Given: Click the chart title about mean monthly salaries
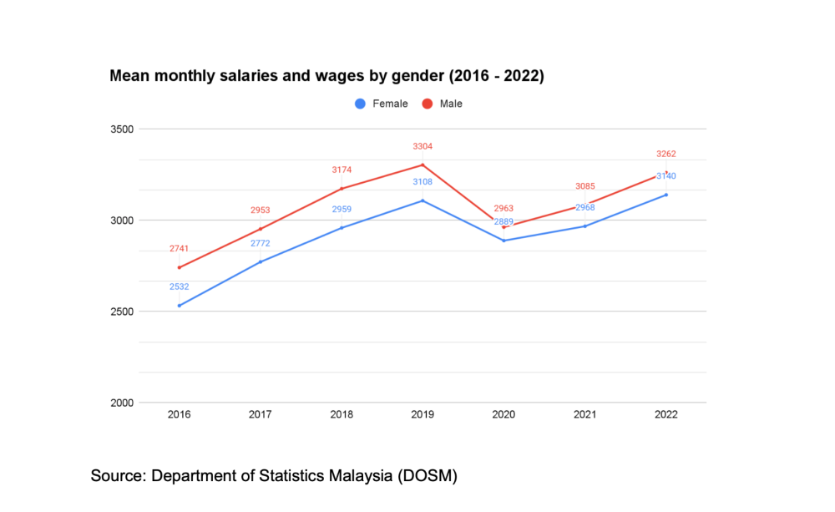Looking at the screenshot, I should [x=326, y=76].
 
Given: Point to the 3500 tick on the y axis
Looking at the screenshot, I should [x=123, y=129].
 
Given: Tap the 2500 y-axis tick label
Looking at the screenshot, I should [x=123, y=312].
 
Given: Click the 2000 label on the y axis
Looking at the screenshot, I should [x=123, y=403].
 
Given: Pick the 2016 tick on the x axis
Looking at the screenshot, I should [x=179, y=415].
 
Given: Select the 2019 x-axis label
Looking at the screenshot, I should [x=423, y=415].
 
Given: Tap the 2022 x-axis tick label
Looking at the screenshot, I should [x=666, y=415].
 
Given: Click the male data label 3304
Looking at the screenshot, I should [x=423, y=147].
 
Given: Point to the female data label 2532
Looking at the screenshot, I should [x=179, y=286].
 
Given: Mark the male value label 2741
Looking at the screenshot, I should [x=179, y=249].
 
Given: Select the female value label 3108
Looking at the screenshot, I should [x=423, y=181].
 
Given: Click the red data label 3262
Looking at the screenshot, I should [x=666, y=154].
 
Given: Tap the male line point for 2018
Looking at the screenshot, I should [x=342, y=188].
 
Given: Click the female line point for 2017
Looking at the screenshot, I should [x=261, y=262].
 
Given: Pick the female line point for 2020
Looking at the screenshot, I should [x=504, y=241].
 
